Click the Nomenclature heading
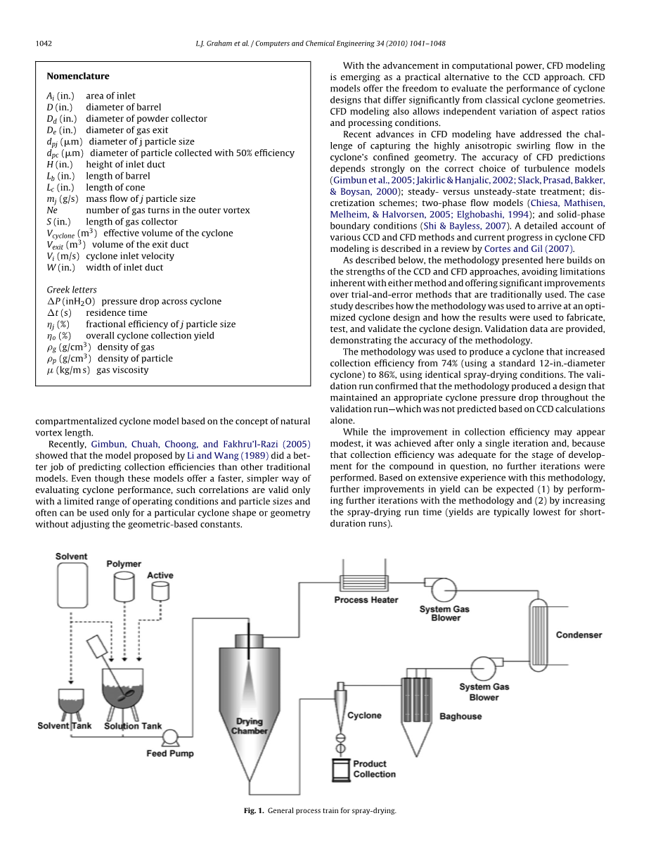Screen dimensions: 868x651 click(x=78, y=76)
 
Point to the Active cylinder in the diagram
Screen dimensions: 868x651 click(x=160, y=590)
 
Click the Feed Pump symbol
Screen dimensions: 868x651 click(x=170, y=737)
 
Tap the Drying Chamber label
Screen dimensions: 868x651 click(x=250, y=726)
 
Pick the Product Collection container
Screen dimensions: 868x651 click(x=341, y=769)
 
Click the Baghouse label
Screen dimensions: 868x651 click(x=460, y=716)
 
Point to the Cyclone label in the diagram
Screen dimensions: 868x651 click(x=364, y=715)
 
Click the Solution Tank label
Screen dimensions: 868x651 click(x=133, y=726)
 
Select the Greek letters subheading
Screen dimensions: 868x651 click(x=72, y=290)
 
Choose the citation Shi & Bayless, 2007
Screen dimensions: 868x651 click(x=460, y=226)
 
